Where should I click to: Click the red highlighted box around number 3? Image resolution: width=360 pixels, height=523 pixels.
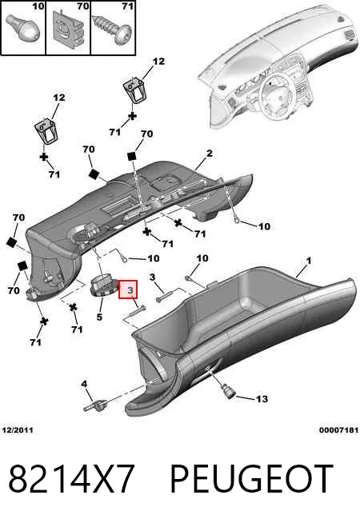click(128, 289)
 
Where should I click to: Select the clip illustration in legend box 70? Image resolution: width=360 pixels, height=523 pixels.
click(68, 28)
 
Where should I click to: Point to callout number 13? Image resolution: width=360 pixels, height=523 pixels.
click(262, 399)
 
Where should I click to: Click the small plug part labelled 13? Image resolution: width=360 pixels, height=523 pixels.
click(229, 391)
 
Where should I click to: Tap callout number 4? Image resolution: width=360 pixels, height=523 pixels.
click(84, 384)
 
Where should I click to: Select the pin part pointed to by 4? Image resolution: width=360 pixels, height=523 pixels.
click(95, 405)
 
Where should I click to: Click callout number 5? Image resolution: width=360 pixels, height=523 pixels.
click(99, 317)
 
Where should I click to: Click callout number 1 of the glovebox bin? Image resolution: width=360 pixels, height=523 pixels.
click(309, 261)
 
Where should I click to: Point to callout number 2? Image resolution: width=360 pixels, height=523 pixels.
click(209, 154)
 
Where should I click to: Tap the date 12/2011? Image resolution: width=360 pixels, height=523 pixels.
click(18, 430)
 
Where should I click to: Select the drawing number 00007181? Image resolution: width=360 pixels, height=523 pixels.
click(338, 430)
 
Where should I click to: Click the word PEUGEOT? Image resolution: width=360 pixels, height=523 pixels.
click(251, 478)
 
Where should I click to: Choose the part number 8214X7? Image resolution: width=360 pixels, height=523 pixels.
click(71, 478)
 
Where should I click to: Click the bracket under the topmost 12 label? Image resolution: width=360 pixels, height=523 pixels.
click(135, 90)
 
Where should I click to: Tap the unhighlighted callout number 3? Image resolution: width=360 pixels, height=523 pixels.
click(152, 277)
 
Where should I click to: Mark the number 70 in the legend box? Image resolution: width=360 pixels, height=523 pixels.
click(82, 6)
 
